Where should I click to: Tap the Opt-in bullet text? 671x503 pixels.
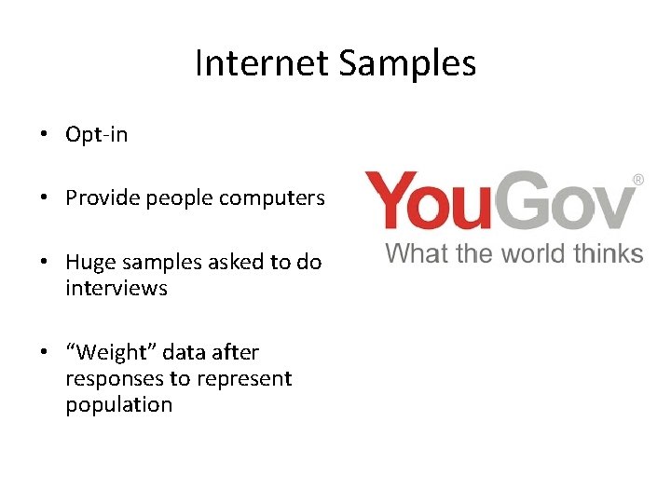(96, 134)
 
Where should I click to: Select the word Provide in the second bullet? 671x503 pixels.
(101, 198)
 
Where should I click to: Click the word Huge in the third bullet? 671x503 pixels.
(89, 262)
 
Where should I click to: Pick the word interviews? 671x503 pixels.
(116, 288)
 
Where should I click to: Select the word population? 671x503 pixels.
(118, 404)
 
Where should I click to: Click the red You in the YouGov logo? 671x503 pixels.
(431, 201)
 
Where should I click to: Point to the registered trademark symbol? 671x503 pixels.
(638, 178)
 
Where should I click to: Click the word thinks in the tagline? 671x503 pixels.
(609, 252)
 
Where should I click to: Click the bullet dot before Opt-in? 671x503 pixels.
(44, 135)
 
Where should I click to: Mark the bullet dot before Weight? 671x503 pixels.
(44, 353)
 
